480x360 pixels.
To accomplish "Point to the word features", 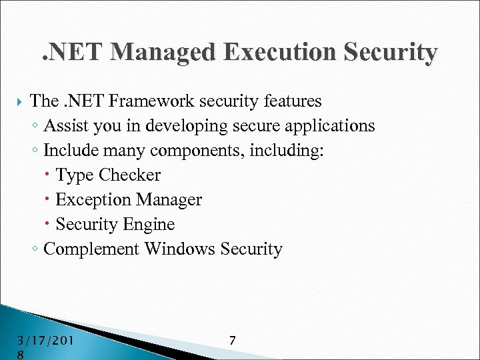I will pos(290,101).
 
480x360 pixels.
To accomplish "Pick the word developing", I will pos(175,126).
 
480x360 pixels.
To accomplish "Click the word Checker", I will pos(129,175).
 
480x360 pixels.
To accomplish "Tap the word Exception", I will pos(93,200).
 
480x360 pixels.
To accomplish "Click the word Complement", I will pos(91,249).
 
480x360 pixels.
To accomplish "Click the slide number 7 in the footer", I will pos(232,341).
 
